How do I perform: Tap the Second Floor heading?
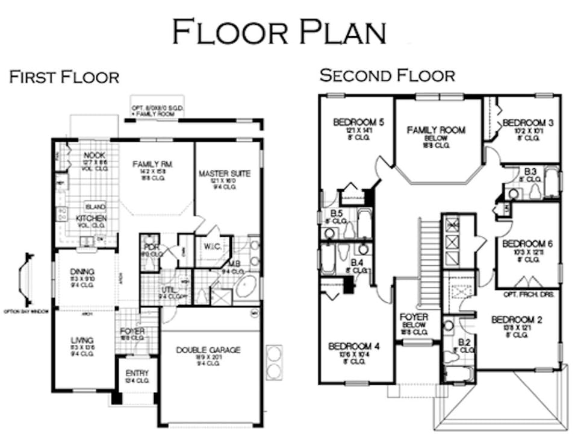387,75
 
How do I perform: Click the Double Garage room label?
208,350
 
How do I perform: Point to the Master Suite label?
224,174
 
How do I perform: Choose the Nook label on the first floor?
95,155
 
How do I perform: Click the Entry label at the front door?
137,373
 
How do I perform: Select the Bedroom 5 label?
358,122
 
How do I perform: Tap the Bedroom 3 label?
528,122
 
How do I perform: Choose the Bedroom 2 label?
517,319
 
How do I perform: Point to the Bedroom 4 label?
354,346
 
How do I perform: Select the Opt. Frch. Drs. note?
530,294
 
